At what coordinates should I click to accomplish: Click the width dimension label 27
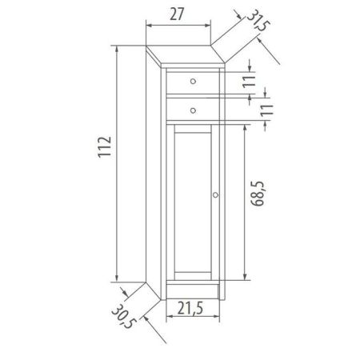pos(177,14)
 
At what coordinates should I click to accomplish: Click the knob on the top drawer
pos(193,80)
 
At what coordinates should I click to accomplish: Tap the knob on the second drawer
pos(193,105)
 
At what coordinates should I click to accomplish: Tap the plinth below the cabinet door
pos(193,289)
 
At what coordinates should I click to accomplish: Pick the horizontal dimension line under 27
pos(177,25)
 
